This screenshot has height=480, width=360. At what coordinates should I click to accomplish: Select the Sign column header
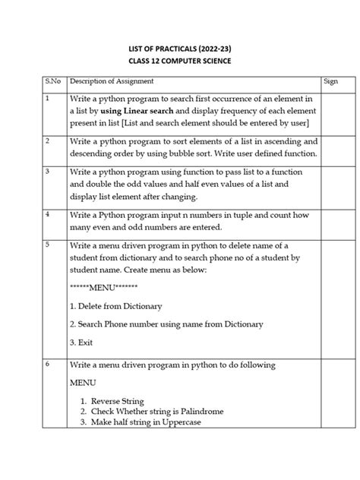pos(330,81)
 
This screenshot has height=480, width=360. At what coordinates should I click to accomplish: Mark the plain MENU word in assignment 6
pos(84,383)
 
